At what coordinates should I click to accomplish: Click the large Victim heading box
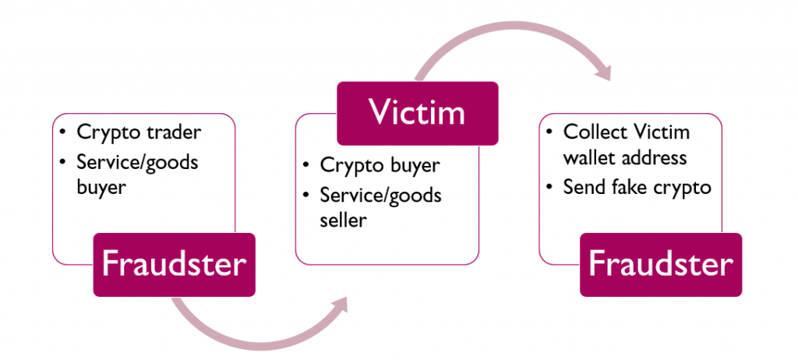(418, 113)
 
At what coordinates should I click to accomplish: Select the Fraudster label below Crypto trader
(174, 264)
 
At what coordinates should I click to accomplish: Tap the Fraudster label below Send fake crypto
(661, 264)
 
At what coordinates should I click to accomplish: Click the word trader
(174, 132)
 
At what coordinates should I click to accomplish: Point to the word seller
(343, 220)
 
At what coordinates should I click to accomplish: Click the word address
(656, 158)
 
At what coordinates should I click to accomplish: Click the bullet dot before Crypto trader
(62, 133)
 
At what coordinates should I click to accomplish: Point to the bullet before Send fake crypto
(549, 187)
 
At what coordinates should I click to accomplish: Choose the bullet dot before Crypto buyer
(305, 165)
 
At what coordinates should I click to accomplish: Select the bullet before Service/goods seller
(305, 195)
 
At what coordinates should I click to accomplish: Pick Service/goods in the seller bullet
(380, 196)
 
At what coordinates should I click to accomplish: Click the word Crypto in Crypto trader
(109, 133)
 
